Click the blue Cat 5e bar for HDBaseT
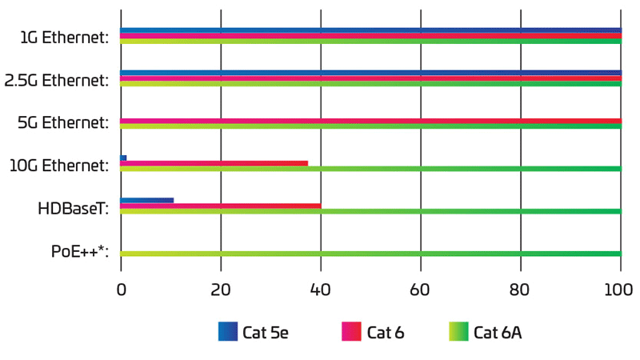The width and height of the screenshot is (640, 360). (x=146, y=200)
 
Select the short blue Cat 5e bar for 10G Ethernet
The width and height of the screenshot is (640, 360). (x=123, y=158)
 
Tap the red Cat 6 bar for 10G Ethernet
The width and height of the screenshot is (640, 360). (x=214, y=163)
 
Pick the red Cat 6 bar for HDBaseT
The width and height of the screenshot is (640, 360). (x=220, y=206)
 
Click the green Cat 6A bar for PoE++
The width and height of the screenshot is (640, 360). (x=370, y=254)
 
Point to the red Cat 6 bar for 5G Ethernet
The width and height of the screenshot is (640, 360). (x=370, y=121)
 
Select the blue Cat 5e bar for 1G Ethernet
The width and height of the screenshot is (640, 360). (x=370, y=30)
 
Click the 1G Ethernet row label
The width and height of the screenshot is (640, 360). (x=66, y=37)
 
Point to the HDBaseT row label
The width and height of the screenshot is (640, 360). (x=73, y=210)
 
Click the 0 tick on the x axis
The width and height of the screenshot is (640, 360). (x=121, y=289)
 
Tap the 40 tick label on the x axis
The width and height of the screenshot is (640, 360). (x=321, y=289)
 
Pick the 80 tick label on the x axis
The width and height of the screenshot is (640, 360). (x=521, y=289)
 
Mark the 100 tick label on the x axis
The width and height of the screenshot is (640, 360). (x=620, y=289)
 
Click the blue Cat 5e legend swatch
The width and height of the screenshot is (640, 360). (x=228, y=332)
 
